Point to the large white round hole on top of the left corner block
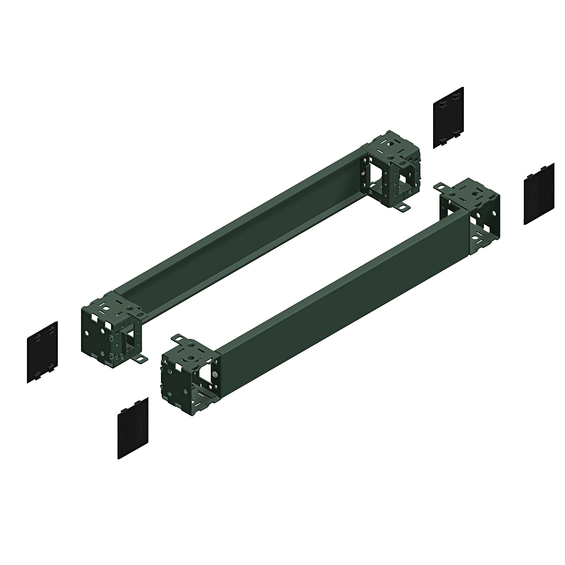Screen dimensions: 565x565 pos(107,308)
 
